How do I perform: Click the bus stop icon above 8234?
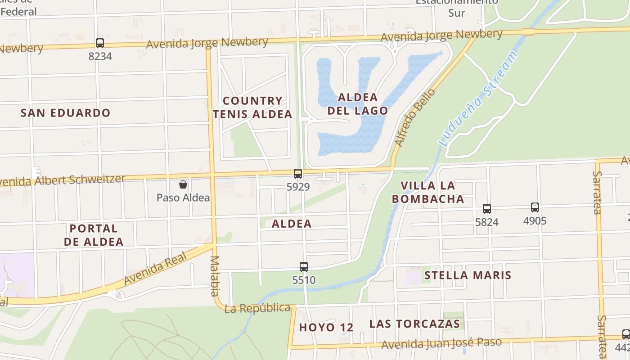pos(100,43)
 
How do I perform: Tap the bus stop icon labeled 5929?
pos(298,174)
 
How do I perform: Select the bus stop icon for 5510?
pos(304,267)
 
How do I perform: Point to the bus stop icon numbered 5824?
pos(487,209)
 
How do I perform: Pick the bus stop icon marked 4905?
pos(535,207)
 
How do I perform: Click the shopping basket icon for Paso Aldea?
pos(183,184)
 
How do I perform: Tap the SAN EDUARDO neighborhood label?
pos(65,113)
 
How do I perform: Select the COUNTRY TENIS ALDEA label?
pos(252,108)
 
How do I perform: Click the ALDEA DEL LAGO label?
pos(358,104)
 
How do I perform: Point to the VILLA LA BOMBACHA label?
pos(427,192)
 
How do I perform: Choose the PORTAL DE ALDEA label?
pos(94,235)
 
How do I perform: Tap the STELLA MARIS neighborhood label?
pos(468,275)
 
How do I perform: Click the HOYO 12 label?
pos(326,327)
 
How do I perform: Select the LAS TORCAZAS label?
pos(414,324)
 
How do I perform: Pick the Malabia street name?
pos(214,276)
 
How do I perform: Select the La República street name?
pos(257,308)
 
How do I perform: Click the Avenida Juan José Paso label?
pos(441,343)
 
